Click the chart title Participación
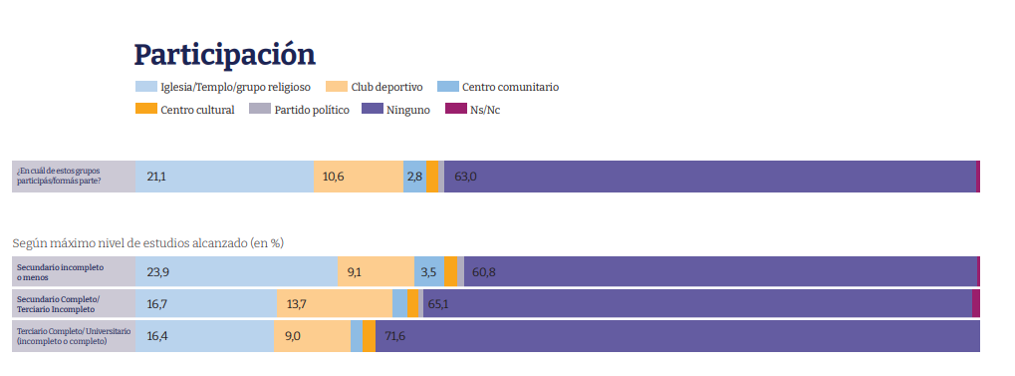tap(225, 56)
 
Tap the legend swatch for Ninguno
tap(373, 109)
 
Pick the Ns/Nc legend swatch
tap(456, 109)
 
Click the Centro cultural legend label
tap(197, 110)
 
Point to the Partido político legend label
tap(312, 110)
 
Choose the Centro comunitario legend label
tap(511, 87)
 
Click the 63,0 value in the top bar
tap(465, 177)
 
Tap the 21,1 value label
tap(156, 177)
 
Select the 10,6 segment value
tap(333, 177)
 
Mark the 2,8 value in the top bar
tap(414, 177)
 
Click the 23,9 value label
tap(158, 272)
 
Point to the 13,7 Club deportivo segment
tap(335, 303)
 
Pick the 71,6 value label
tap(394, 336)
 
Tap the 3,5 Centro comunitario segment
tap(429, 271)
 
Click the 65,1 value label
tap(437, 303)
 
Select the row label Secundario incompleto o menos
tap(60, 272)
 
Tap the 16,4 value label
tap(158, 336)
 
